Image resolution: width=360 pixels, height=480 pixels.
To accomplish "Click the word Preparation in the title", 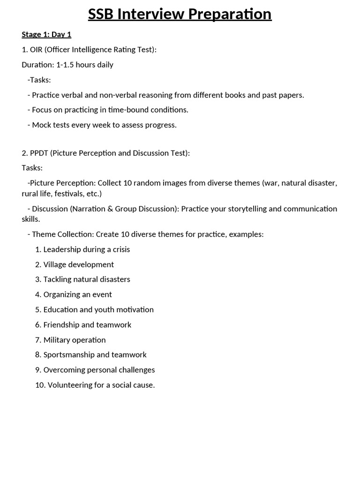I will coord(229,14).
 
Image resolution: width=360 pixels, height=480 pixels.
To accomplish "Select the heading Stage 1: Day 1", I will coord(46,34).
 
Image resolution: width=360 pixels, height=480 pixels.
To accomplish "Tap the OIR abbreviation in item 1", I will coord(36,49).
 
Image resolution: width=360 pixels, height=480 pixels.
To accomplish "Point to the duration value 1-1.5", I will coord(66,65).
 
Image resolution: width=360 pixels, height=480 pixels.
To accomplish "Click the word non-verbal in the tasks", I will coord(135,95).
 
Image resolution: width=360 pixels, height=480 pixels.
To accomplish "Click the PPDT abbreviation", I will coord(40,153).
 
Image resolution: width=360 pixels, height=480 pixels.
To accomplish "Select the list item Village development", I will coord(79,264).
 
